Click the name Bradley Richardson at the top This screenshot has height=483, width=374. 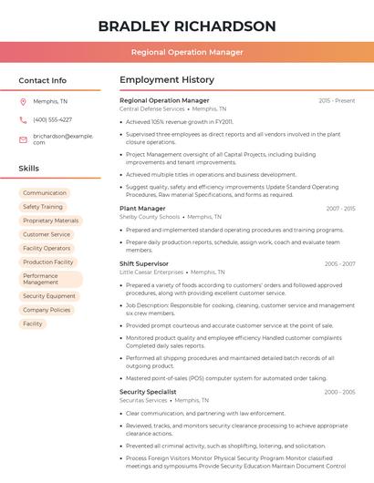click(187, 26)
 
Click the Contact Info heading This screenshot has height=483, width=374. click(43, 80)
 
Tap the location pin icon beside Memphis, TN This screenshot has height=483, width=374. click(23, 102)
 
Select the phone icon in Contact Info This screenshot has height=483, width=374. click(23, 119)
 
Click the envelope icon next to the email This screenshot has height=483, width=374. click(23, 139)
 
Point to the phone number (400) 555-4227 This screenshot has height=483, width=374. click(52, 119)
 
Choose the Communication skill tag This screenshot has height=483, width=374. click(45, 193)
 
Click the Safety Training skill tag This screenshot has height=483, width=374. click(43, 207)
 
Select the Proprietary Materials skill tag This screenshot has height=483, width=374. click(51, 221)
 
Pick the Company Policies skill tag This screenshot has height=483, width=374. click(47, 310)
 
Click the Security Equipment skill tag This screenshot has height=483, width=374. click(49, 296)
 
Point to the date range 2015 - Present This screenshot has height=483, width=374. click(337, 100)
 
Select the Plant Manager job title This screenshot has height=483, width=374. click(142, 209)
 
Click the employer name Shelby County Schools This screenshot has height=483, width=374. click(150, 217)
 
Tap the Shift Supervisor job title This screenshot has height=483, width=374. click(144, 263)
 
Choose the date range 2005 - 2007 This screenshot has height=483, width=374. click(339, 263)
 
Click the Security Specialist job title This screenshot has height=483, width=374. click(148, 392)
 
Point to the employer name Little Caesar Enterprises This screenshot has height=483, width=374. click(151, 272)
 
